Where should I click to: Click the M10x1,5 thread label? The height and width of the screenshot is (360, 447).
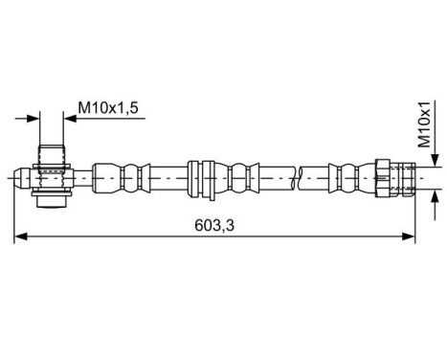tap(108, 109)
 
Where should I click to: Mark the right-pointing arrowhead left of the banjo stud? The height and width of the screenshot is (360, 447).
tap(35, 118)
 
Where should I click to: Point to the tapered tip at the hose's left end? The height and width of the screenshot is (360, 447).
tap(21, 177)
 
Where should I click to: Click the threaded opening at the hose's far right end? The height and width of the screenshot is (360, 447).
tap(408, 177)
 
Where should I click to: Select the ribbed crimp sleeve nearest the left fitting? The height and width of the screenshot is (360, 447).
tap(123, 177)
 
